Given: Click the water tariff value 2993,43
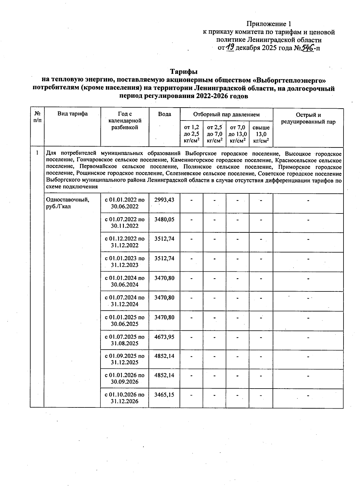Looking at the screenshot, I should coord(164,200).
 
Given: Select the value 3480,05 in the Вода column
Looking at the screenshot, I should coord(164,219).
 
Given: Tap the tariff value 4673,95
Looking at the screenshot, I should coord(164,337).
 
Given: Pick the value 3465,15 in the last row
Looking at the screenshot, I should coord(164,395).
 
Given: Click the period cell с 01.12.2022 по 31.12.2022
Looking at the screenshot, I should coord(124,242).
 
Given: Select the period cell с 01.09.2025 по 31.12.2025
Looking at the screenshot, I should coord(124,359).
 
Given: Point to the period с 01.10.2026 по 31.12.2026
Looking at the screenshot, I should coord(124,398).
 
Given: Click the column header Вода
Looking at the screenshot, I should coord(164,114).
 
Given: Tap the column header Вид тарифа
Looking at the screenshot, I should coord(73,114).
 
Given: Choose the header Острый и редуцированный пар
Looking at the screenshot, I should coord(308,118).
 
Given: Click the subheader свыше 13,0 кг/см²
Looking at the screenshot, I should coord(261,134).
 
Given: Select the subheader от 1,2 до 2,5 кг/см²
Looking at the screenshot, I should coord(191,134).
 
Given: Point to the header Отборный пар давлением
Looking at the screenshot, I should coord(226,115).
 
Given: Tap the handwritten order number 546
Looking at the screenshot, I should coord(307,47).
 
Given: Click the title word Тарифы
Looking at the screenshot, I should coord(184,72).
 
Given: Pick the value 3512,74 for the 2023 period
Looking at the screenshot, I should coord(164,258).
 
